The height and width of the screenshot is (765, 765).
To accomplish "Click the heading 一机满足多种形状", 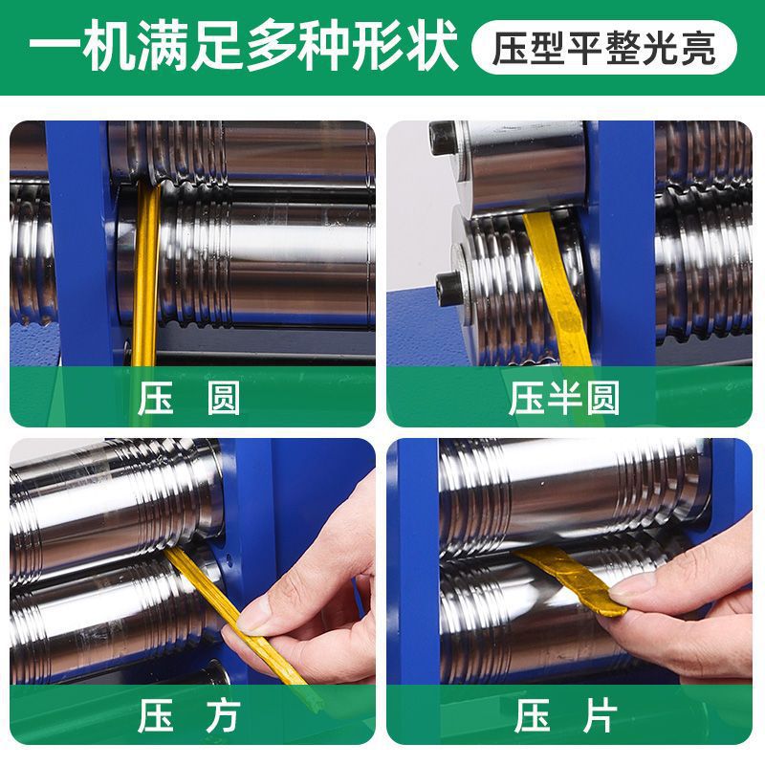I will pos(243,48).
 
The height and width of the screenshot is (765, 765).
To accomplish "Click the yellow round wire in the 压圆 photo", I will pos(146,277).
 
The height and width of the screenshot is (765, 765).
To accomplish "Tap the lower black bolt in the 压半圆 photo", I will pos(446,284).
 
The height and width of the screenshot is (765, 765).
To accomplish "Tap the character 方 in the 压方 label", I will pos(223,716).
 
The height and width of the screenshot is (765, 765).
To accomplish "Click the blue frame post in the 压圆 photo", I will pos(81,239).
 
